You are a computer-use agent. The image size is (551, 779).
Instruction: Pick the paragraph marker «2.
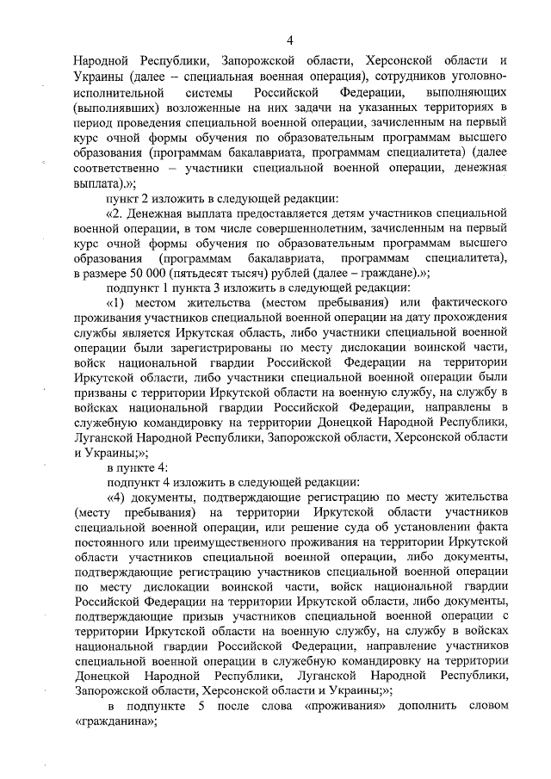pos(114,212)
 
